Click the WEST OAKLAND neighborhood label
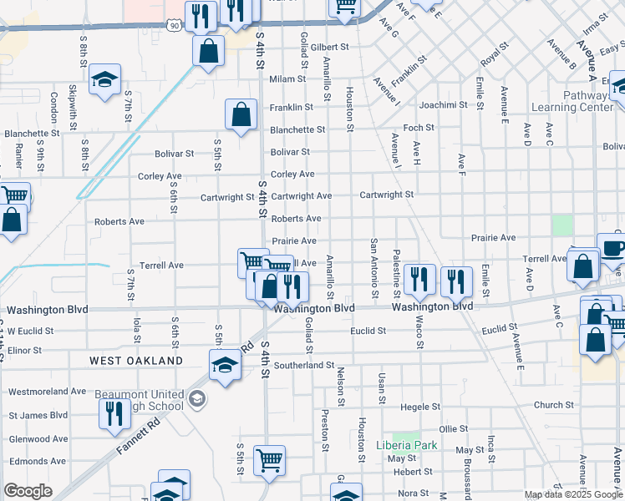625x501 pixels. click(x=136, y=361)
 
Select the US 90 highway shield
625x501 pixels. click(x=173, y=26)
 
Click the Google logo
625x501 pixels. click(x=28, y=491)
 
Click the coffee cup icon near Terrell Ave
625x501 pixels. click(x=612, y=248)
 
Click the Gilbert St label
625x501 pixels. click(x=328, y=48)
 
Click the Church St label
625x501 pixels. click(x=553, y=405)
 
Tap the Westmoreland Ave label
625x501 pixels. click(x=48, y=391)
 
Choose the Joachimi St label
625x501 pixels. click(x=444, y=105)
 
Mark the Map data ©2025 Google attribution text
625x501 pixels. click(x=572, y=494)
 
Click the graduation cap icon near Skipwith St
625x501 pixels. click(x=104, y=79)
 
